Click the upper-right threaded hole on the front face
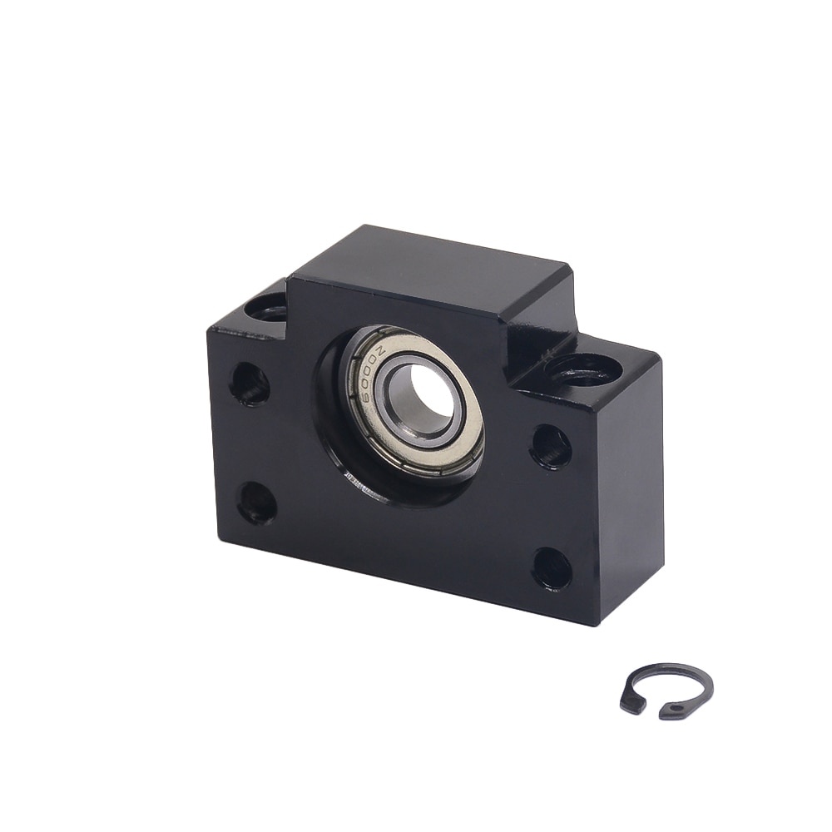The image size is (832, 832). pos(550,447)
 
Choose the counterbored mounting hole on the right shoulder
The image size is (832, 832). pos(582,365)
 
